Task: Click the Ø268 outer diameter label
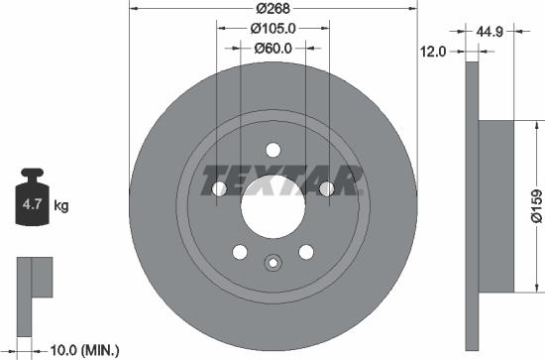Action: tap(272, 9)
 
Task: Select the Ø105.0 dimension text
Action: tap(272, 28)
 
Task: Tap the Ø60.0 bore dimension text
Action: tap(272, 48)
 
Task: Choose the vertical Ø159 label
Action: tap(534, 204)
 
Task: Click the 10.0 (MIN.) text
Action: tap(83, 349)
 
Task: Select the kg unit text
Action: tap(61, 207)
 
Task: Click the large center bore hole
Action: tap(272, 206)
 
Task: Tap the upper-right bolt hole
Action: tap(327, 187)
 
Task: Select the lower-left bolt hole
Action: tap(239, 252)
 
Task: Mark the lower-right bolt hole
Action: tap(306, 252)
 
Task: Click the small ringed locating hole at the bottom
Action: tap(272, 263)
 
